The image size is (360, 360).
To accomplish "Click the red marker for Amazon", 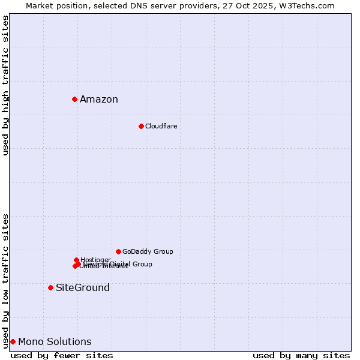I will point(74,99).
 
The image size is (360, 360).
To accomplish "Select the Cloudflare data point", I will point(141,126).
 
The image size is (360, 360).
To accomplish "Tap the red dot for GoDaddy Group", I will point(118,251).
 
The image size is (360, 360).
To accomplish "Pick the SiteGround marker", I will point(50,287).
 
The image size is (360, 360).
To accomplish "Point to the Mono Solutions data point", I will point(13,341).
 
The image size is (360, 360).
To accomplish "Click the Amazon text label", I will point(99,100).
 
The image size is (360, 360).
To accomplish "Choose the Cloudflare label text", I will point(161,126).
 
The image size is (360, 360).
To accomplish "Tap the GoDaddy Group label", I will point(148,251).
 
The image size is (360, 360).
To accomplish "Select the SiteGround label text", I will point(83,288).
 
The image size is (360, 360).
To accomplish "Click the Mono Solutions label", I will point(55,342).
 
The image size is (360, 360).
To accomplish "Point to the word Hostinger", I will point(95,260).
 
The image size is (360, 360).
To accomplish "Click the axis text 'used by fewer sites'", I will point(62,355).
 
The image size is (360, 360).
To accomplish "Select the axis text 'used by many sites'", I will point(301,355).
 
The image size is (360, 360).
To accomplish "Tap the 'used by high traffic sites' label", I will point(5,86).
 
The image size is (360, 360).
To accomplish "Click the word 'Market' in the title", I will point(41,5).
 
